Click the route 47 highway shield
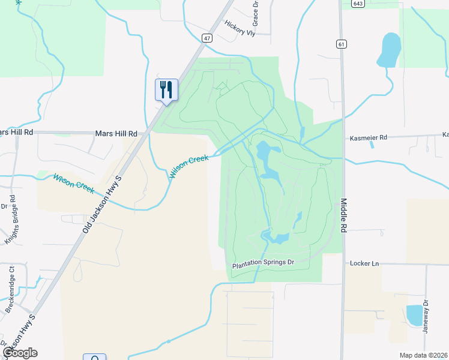point(208,38)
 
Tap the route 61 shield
point(341,44)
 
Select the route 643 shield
point(358,4)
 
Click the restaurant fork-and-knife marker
point(166,90)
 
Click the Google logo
point(20,353)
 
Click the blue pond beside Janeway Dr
point(414,315)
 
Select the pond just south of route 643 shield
point(389,49)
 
